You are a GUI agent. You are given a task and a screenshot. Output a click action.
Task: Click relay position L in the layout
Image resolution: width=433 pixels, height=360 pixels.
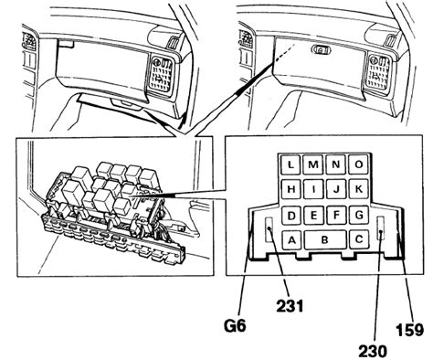290,164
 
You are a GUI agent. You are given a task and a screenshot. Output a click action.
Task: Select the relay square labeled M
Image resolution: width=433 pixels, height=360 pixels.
313,164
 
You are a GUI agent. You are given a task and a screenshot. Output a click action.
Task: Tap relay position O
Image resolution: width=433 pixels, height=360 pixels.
359,164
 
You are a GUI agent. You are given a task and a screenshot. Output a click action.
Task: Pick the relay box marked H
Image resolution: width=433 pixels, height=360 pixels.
290,189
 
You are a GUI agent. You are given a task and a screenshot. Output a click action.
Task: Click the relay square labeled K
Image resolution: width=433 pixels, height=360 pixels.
359,189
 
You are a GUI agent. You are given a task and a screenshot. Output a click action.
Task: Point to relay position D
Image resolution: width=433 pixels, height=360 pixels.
291,216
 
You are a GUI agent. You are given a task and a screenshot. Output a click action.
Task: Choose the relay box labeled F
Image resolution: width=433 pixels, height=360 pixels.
336,216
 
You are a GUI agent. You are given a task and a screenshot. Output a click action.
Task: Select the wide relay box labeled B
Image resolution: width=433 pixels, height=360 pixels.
325,240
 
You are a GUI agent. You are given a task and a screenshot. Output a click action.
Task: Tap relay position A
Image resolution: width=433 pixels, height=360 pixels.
291,240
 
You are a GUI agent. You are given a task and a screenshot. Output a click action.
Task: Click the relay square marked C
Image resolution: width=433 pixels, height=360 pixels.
359,239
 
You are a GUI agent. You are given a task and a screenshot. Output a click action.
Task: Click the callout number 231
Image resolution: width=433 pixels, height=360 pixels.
290,306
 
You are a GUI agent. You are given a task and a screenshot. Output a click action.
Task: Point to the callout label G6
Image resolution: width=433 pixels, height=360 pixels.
235,326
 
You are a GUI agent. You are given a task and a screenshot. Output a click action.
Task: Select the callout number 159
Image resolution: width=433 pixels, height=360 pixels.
409,330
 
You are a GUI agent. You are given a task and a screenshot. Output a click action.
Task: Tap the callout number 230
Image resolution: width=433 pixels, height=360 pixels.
373,351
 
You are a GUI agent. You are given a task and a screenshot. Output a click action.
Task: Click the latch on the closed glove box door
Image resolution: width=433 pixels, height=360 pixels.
322,49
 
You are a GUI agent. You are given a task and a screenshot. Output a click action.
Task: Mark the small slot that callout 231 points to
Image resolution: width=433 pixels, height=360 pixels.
269,230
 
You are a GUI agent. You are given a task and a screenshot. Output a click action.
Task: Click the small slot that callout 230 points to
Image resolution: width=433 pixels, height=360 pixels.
381,228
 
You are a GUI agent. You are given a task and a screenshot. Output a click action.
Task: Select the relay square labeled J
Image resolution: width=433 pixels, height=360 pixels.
336,189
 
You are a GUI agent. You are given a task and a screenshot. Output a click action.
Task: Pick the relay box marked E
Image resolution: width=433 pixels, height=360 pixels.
313,216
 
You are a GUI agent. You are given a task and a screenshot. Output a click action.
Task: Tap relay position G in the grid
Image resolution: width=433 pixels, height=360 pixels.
359,216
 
